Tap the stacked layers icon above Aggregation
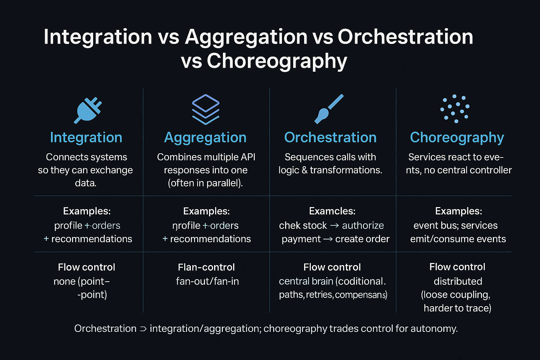[x=206, y=109]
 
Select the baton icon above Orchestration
[x=329, y=109]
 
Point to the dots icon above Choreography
[x=455, y=109]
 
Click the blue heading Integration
[x=86, y=137]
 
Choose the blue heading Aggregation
[x=205, y=138]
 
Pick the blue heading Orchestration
[x=330, y=137]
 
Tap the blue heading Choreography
[x=457, y=138]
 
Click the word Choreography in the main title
[x=277, y=61]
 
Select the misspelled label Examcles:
[x=332, y=211]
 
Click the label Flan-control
[x=206, y=267]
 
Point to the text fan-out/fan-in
[x=207, y=281]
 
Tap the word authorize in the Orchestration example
[x=363, y=225]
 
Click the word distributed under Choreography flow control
[x=458, y=281]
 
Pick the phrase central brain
[x=306, y=281]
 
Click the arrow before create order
[x=328, y=239]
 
